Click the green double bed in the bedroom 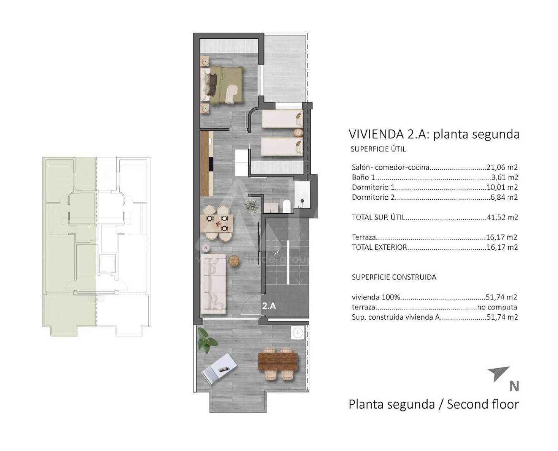tap(222, 85)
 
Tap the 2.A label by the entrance tap(269, 306)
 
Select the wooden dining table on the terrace tap(278, 361)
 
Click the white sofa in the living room tap(213, 284)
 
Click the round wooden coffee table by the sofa tap(234, 261)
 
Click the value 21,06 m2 tap(502, 167)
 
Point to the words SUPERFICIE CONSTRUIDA tap(394, 277)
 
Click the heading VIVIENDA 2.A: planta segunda tap(434, 134)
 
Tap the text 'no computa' tap(497, 307)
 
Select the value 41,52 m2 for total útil tap(502, 218)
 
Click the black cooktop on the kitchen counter tap(211, 164)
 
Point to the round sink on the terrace tap(298, 333)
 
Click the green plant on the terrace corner tap(207, 340)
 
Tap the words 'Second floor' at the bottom tap(483, 404)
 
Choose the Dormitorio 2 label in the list tap(373, 197)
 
